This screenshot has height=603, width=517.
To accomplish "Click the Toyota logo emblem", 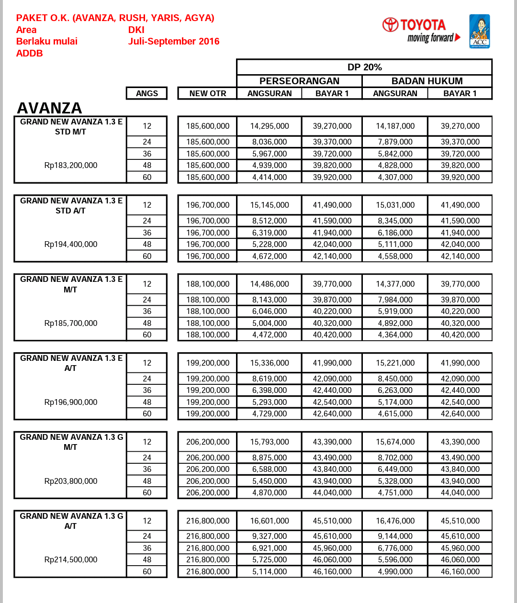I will (x=390, y=25).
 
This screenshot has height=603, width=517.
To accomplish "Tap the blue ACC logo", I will (x=479, y=31).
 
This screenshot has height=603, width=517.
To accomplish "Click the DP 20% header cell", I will (x=364, y=67).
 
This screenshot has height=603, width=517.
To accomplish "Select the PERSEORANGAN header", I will (x=299, y=81).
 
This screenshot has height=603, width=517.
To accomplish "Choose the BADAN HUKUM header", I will (x=427, y=81).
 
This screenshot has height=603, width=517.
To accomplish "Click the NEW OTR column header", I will (x=207, y=93).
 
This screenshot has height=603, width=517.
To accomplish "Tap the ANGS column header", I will (x=146, y=93).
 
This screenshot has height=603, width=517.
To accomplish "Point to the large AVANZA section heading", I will (x=49, y=108).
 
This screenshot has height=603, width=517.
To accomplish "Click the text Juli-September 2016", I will (x=173, y=41).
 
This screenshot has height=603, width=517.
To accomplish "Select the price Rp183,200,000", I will (x=70, y=165).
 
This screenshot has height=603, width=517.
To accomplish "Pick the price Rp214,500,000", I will (x=70, y=559).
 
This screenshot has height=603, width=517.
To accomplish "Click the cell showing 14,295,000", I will (x=270, y=126).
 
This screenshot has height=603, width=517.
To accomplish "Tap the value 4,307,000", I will (x=395, y=177).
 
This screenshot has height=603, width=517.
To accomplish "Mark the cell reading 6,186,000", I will (x=395, y=233).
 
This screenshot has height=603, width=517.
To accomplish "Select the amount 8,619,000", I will (x=270, y=379).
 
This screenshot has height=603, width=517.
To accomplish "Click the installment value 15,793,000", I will (x=270, y=442).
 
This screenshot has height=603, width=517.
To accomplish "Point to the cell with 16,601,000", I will (x=270, y=521).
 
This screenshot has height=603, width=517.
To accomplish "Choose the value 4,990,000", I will (x=395, y=571).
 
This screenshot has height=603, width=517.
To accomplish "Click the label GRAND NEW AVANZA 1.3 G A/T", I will (x=71, y=521).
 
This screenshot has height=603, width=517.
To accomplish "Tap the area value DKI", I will (x=136, y=30).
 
